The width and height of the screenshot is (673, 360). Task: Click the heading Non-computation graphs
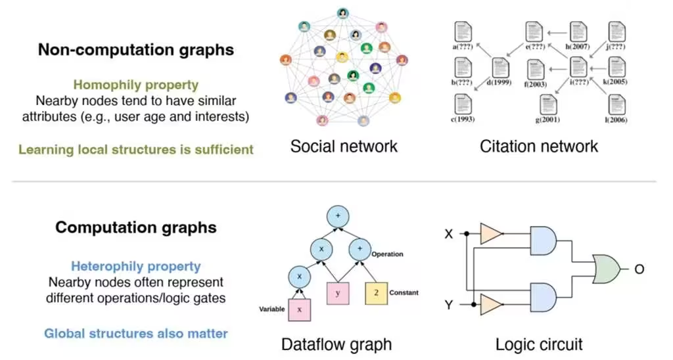[x=135, y=51]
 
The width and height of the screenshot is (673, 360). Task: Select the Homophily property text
[x=135, y=85]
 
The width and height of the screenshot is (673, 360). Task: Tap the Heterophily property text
[x=135, y=266]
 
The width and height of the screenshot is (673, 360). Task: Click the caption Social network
[x=343, y=146]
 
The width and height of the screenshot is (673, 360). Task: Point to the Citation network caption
[x=539, y=146]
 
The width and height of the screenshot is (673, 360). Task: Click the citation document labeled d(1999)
[x=501, y=68]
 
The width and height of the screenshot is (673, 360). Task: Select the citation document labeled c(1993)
[x=463, y=104]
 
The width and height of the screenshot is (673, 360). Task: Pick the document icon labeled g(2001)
[x=547, y=105]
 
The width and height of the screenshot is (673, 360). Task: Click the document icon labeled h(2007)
[x=578, y=32]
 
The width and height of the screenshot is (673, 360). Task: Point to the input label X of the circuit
[x=450, y=233]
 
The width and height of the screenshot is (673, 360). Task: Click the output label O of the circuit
[x=639, y=269]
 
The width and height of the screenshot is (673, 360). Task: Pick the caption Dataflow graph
[x=336, y=344]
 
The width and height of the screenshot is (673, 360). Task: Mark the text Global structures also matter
[x=135, y=333]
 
